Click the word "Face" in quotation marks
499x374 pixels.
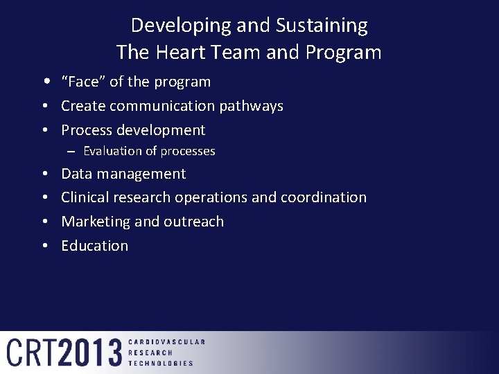[83, 82]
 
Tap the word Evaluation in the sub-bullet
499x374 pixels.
[111, 151]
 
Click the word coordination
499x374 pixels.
[323, 197]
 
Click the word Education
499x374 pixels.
[94, 246]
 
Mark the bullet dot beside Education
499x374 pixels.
[44, 246]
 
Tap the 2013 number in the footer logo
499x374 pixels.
[90, 353]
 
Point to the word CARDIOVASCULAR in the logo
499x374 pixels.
[166, 342]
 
